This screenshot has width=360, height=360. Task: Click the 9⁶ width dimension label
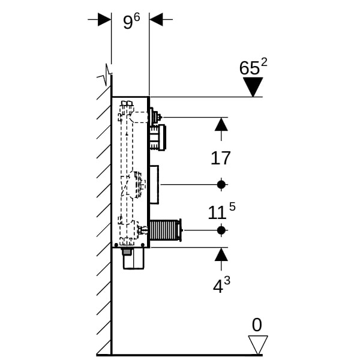pos(131,21)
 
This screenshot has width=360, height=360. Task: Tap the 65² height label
pos(253,67)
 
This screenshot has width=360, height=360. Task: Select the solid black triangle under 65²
pos(253,86)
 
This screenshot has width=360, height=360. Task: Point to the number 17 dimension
pos(221,158)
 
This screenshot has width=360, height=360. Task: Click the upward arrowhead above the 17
pos(221,124)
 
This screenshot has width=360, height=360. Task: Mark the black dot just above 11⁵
pos(221,184)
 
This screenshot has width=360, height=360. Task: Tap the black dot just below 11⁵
pos(221,230)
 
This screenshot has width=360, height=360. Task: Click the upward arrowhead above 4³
pos(221,254)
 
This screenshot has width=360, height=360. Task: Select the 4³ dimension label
pos(221,286)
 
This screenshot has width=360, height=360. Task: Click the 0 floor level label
pos(257,325)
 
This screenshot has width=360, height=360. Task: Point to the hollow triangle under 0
pos(257,344)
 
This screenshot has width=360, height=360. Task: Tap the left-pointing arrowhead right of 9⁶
pos(156,19)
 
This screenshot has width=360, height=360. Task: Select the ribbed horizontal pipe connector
pos(165,230)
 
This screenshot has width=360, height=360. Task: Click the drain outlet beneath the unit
pos(133,259)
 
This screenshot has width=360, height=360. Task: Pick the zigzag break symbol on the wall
pos(107,75)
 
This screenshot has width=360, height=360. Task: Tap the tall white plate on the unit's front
pos(154,184)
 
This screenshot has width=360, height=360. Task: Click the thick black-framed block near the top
pos(158,137)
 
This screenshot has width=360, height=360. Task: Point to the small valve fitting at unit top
pos(155,116)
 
